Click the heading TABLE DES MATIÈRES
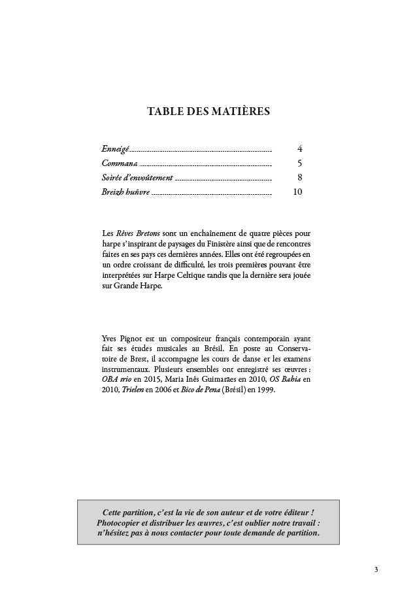coord(208,112)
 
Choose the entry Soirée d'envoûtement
coord(137,178)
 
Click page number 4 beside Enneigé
coord(299,149)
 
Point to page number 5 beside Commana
coord(299,163)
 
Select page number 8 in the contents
coord(299,178)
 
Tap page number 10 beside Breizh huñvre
coord(297,192)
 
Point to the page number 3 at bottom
coord(376,569)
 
